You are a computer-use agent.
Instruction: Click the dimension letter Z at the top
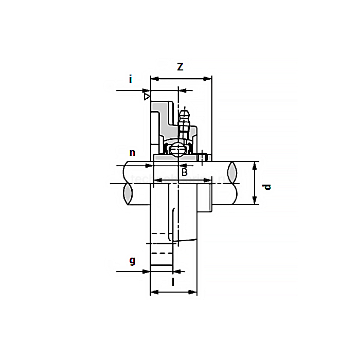(x=181, y=67)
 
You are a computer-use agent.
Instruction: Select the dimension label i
(x=131, y=79)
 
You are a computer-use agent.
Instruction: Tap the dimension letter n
(x=132, y=153)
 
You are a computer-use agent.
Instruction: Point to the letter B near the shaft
(x=184, y=172)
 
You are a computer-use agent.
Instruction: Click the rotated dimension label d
(x=267, y=186)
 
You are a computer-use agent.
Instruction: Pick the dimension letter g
(x=132, y=261)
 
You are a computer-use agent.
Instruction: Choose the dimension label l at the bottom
(x=173, y=281)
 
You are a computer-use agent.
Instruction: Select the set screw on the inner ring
(x=203, y=157)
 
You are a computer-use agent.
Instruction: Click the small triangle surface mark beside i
(x=147, y=96)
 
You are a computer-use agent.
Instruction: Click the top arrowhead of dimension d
(x=255, y=165)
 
